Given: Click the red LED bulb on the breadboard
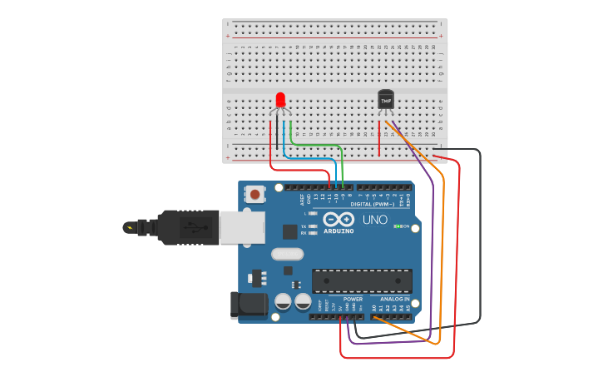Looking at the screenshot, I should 280,100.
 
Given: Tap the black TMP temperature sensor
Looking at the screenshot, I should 385,99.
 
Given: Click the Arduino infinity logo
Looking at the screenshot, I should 337,220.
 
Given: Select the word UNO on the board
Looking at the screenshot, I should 369,220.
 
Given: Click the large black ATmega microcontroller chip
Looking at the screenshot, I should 361,281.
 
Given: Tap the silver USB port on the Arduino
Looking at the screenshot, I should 242,227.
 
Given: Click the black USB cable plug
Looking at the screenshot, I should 188,227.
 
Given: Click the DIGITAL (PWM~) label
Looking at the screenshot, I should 373,204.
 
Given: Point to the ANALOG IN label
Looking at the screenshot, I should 395,299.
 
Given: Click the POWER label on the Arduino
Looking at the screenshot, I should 353,299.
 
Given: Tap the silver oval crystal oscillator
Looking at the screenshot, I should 287,255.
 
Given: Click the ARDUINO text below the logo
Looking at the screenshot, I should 338,231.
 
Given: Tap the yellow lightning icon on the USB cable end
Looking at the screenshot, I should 128,226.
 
